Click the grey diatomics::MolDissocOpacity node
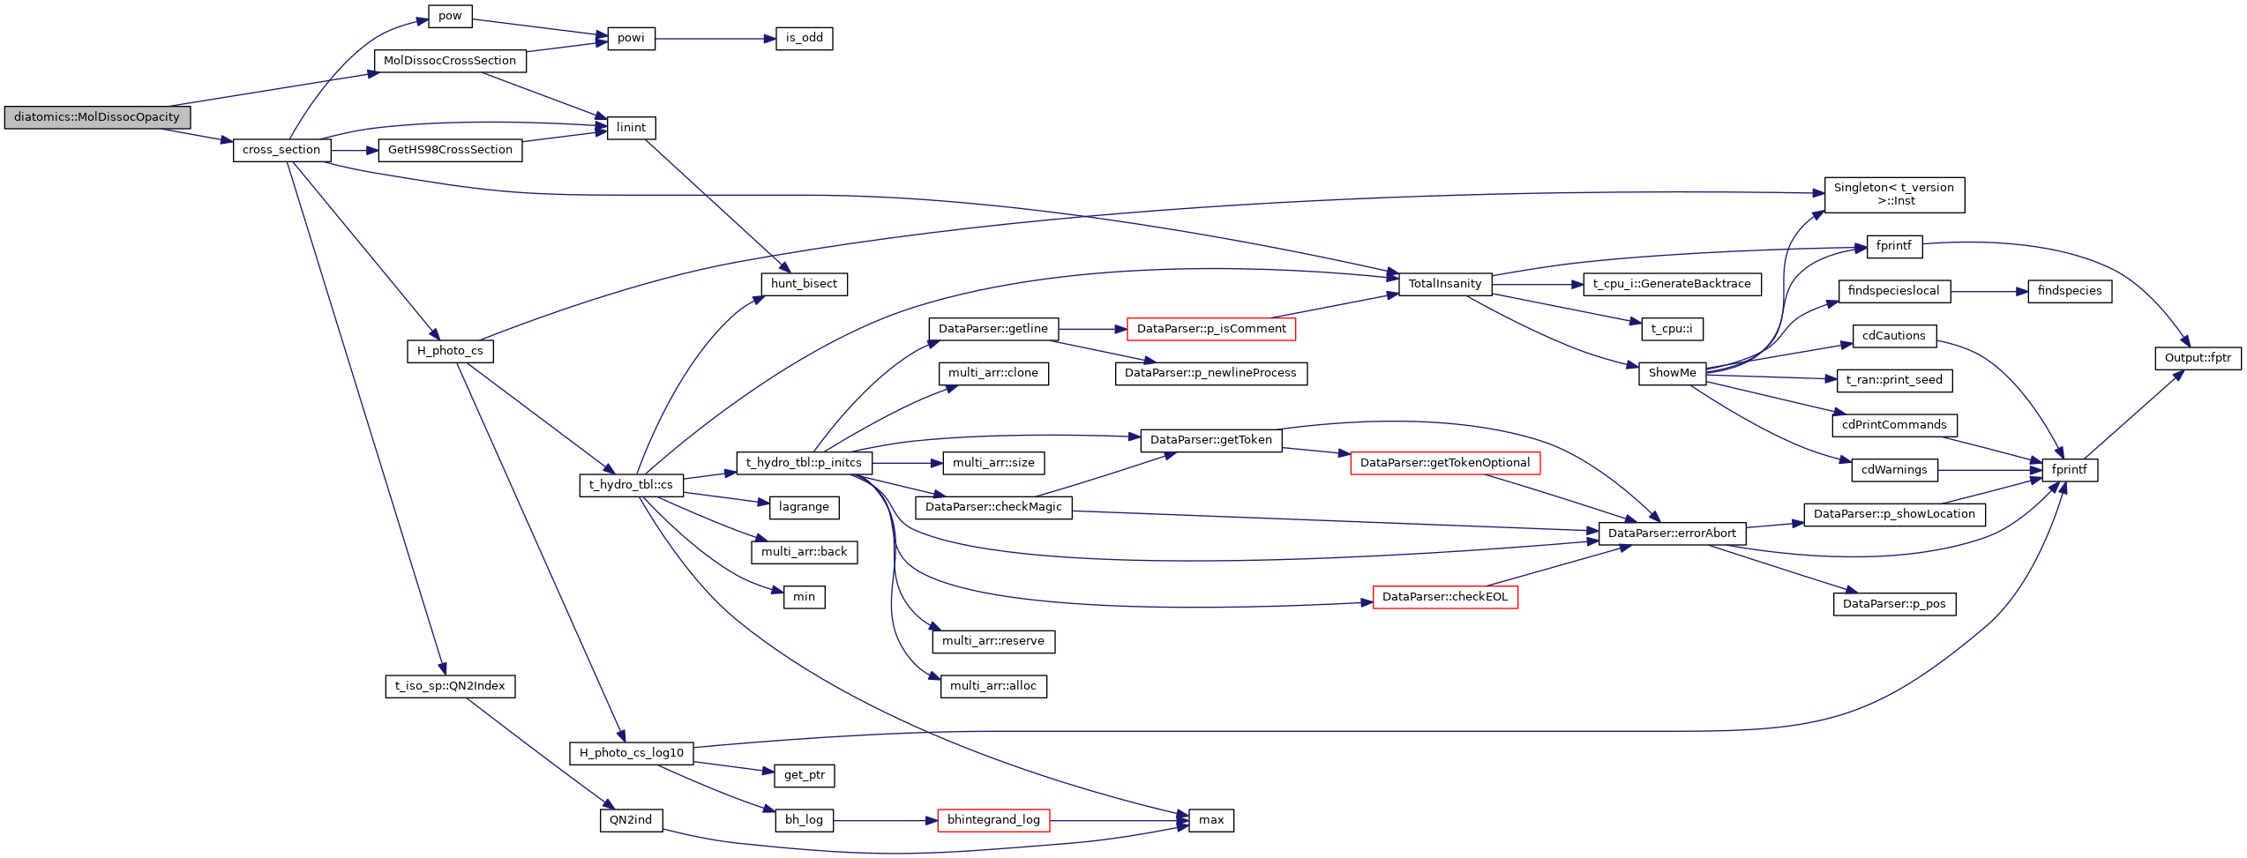[x=97, y=117]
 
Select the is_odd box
[x=804, y=39]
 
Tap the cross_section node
[x=281, y=150]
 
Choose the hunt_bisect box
[x=804, y=284]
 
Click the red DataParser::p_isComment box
[x=1210, y=329]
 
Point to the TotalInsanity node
[x=1444, y=284]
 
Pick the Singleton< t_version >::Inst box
[x=1893, y=195]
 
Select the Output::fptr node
[x=2197, y=358]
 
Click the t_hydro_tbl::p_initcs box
[x=804, y=463]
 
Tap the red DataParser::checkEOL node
[x=1444, y=597]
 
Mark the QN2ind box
[x=631, y=820]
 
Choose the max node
[x=1210, y=820]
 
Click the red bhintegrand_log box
[x=993, y=820]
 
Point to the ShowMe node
[x=1672, y=373]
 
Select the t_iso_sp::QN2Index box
[x=450, y=686]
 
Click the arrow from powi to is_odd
[x=715, y=39]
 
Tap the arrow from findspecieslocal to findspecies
[x=1989, y=291]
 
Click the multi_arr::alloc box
[x=993, y=686]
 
